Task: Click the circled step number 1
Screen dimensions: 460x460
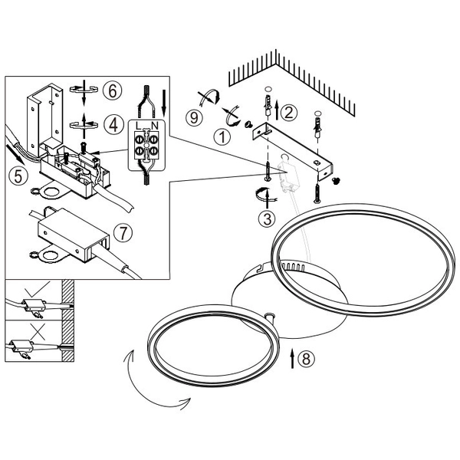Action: coord(221,138)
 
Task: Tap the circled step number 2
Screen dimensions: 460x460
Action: coord(288,112)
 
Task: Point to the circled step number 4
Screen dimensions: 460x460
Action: coord(112,123)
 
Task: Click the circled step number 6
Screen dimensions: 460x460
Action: coord(112,90)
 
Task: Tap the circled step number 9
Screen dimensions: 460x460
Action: coord(195,119)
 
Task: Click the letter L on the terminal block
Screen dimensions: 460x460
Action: coord(137,124)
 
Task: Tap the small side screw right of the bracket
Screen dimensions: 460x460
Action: coord(336,178)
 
